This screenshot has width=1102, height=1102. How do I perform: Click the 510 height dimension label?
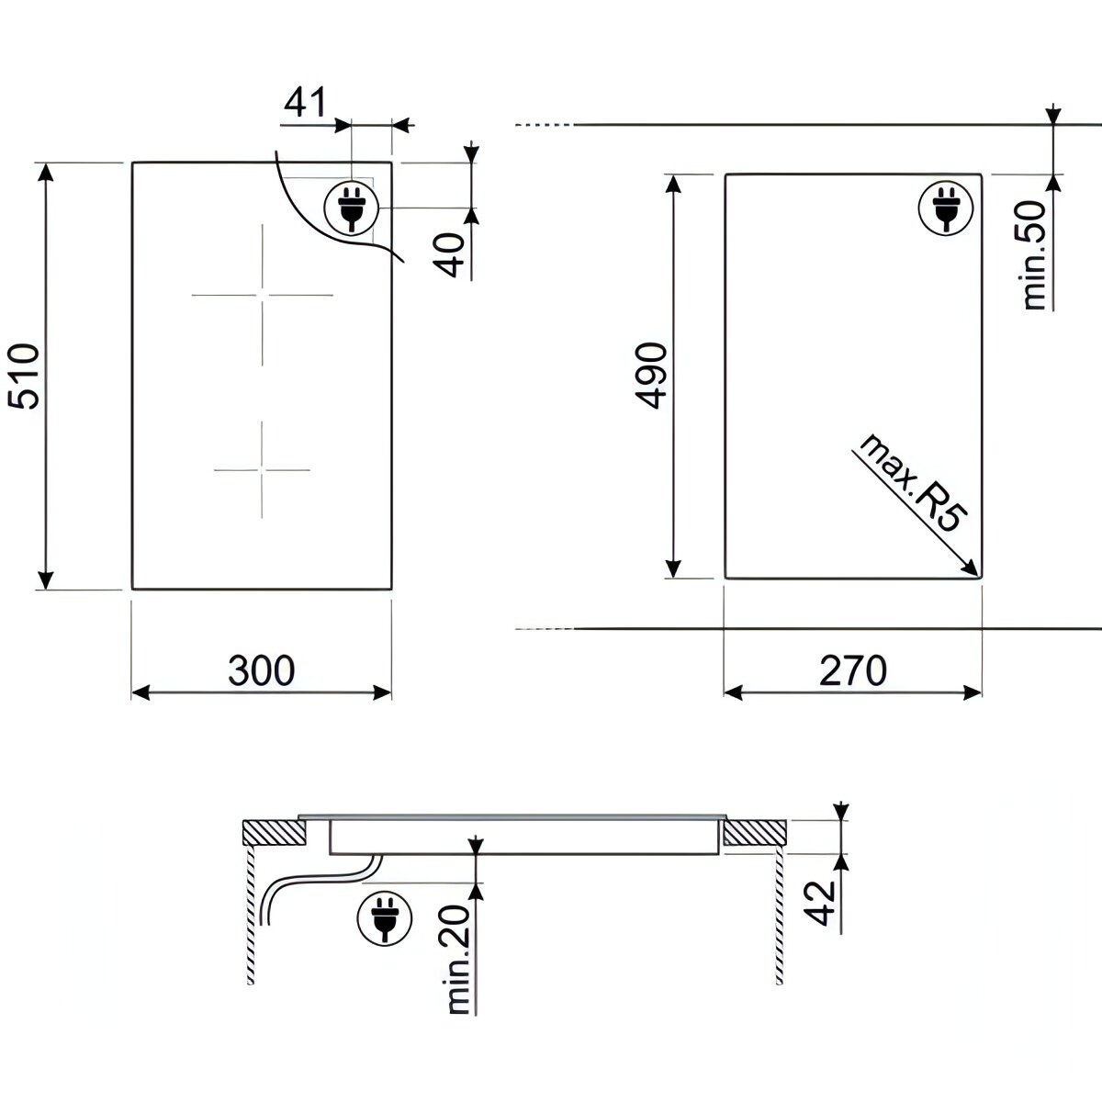[24, 376]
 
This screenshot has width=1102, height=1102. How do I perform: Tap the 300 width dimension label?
[262, 670]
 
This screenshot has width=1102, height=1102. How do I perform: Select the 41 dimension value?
[305, 102]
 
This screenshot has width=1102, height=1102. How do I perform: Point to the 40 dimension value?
[449, 255]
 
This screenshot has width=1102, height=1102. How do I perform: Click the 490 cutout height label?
[651, 376]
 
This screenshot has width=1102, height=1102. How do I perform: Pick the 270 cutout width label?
[853, 670]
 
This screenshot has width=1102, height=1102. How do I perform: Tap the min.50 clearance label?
[1035, 255]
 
